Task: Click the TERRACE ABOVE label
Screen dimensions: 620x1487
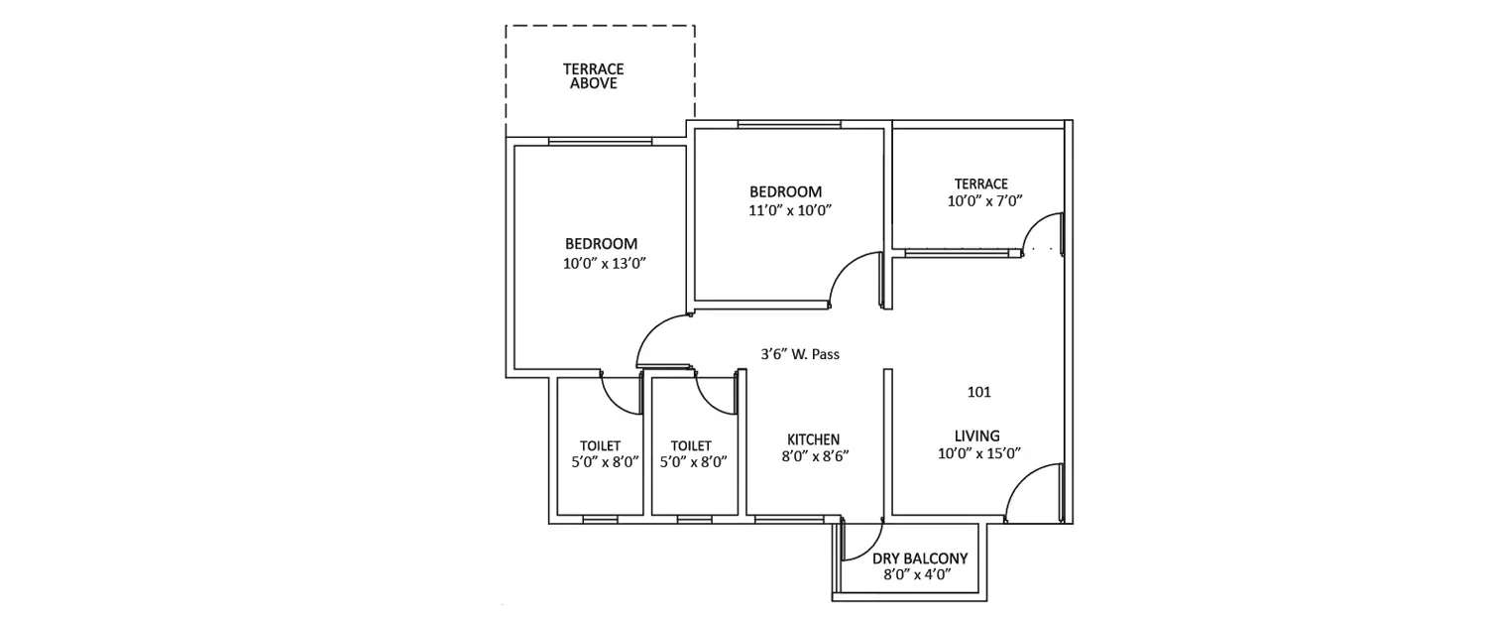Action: [593, 76]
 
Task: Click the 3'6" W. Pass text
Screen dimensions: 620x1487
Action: [801, 353]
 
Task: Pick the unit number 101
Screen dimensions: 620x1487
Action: [978, 392]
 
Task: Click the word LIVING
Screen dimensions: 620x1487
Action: [976, 435]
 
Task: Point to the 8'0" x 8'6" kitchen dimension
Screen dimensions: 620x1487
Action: [814, 457]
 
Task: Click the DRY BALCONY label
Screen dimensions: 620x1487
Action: [919, 558]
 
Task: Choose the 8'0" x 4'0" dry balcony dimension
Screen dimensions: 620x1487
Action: [919, 575]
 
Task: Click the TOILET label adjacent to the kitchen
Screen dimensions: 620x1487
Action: [691, 446]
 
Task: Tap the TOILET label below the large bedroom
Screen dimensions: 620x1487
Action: [600, 446]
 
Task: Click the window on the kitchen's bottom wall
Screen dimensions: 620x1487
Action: [789, 519]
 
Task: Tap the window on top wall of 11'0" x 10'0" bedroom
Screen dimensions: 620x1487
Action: [789, 124]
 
